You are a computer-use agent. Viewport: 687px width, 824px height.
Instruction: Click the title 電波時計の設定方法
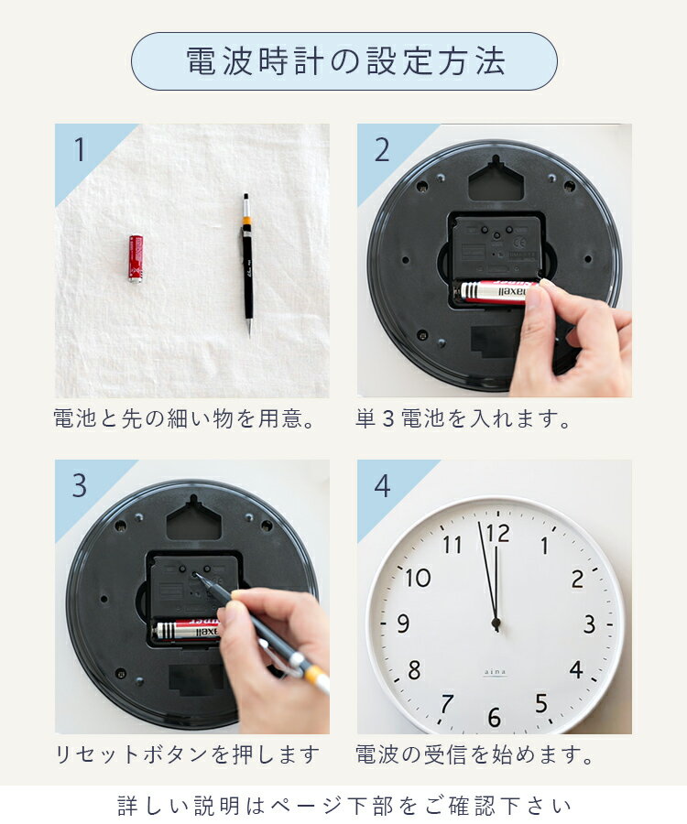pyautogui.click(x=344, y=61)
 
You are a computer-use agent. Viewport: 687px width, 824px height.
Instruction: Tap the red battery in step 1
pyautogui.click(x=136, y=258)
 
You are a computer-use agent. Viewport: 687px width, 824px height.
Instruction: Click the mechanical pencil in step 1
pyautogui.click(x=246, y=263)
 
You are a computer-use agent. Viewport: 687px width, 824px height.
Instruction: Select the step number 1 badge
pyautogui.click(x=80, y=149)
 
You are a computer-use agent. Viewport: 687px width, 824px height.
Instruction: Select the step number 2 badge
pyautogui.click(x=381, y=149)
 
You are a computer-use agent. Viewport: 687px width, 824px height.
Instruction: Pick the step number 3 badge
pyautogui.click(x=80, y=485)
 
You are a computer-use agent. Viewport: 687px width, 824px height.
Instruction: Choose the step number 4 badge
pyautogui.click(x=381, y=485)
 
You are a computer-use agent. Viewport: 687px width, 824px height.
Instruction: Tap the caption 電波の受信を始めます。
pyautogui.click(x=475, y=755)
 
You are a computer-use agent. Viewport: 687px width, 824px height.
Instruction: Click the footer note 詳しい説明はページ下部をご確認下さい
pyautogui.click(x=344, y=806)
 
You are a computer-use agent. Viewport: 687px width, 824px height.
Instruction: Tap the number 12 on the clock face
pyautogui.click(x=497, y=533)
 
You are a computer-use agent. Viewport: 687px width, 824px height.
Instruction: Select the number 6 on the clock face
pyautogui.click(x=495, y=718)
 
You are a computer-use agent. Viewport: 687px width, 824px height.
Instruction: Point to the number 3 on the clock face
pyautogui.click(x=589, y=625)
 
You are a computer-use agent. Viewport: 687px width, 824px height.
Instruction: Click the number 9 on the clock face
pyautogui.click(x=403, y=625)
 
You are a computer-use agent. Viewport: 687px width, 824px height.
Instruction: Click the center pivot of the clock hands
pyautogui.click(x=496, y=623)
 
